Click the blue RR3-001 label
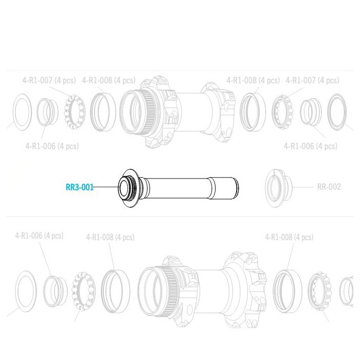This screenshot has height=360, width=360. [x=80, y=187]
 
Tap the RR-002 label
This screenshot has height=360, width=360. [x=329, y=187]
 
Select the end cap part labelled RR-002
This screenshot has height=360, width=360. [x=278, y=188]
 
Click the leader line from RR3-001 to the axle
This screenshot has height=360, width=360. [x=106, y=187]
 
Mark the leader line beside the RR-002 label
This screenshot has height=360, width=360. [x=303, y=187]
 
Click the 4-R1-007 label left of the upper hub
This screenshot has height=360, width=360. [x=49, y=80]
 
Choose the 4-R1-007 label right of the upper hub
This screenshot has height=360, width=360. [x=312, y=80]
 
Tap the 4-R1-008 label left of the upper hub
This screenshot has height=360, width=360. [x=109, y=80]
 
